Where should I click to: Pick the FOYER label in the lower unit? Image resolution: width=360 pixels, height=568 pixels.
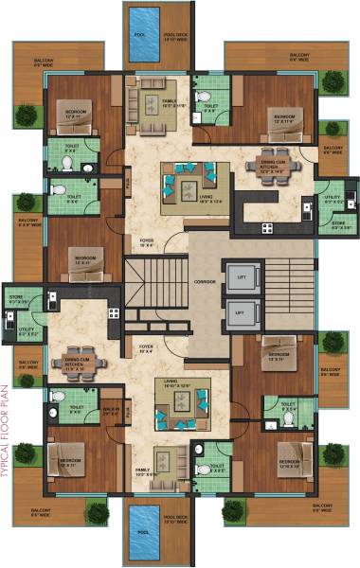pos(146,347)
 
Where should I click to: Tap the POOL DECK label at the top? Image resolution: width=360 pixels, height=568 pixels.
pos(173,38)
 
